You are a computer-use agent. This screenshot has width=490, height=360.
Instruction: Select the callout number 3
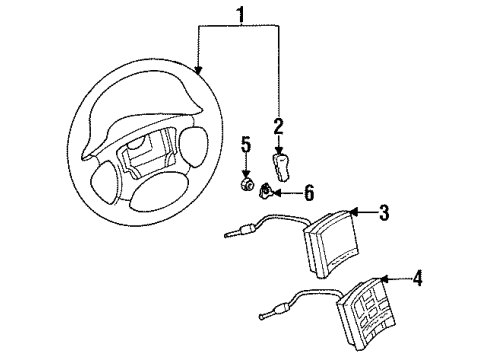(383, 211)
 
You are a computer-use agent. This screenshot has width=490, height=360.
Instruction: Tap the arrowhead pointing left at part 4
(384, 279)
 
